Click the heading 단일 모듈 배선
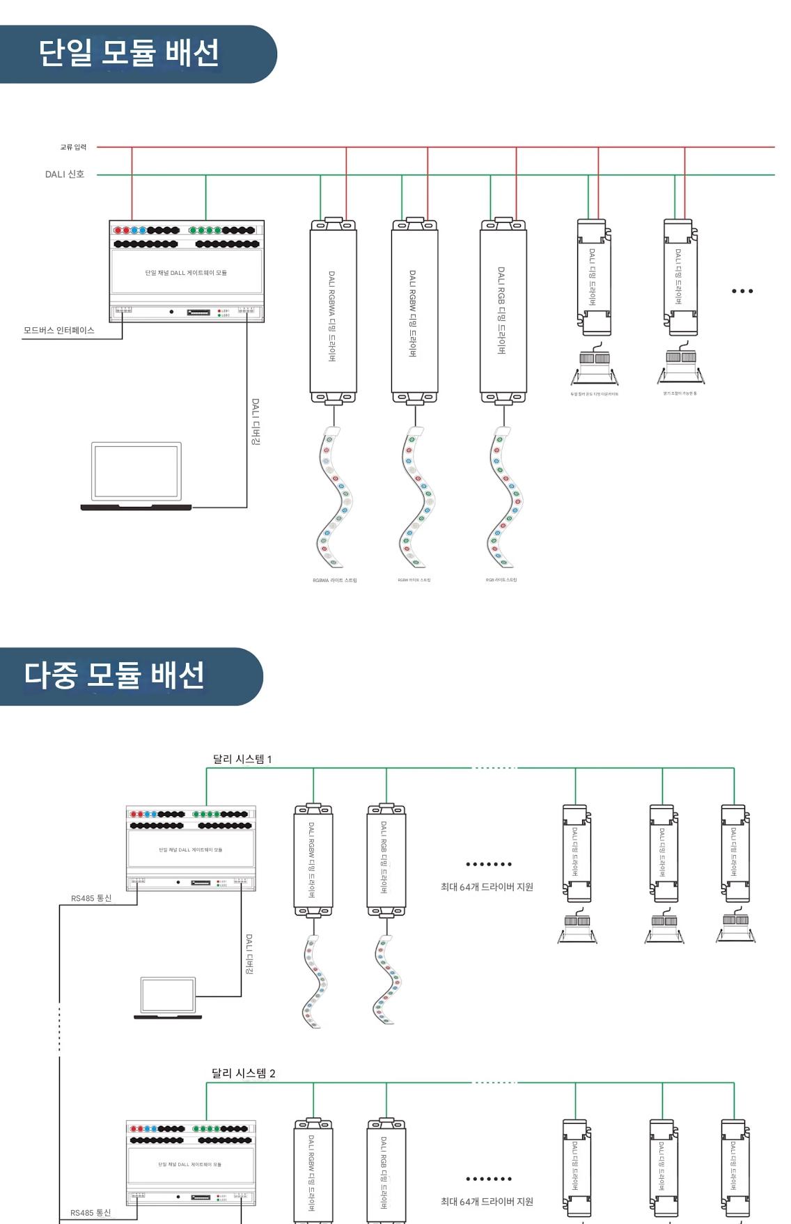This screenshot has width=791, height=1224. (129, 53)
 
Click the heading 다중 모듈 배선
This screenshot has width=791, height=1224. (114, 675)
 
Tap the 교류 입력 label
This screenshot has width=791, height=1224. (73, 147)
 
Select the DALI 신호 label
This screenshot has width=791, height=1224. (65, 174)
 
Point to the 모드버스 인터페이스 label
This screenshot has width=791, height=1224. (58, 330)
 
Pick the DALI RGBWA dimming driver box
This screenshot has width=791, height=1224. (333, 311)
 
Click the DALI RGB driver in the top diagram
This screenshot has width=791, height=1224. (503, 311)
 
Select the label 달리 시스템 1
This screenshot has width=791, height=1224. (242, 759)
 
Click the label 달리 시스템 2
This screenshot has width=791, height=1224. (243, 1073)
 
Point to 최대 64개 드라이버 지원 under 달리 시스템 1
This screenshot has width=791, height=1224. (487, 886)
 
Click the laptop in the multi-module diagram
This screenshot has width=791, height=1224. (168, 998)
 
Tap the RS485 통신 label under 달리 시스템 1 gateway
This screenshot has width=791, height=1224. (91, 898)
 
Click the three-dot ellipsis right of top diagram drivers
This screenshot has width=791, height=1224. (742, 291)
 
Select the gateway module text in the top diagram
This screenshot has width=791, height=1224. (186, 273)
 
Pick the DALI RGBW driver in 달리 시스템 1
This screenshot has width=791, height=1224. (313, 860)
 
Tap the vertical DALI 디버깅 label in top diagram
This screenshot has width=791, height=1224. (256, 421)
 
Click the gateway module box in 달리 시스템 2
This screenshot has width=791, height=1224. (191, 1163)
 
